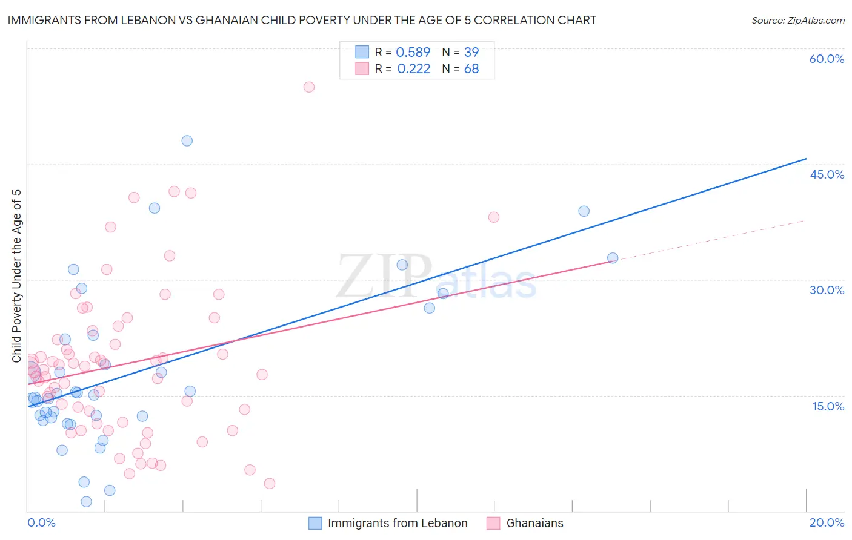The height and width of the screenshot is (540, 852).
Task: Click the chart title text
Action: (302, 20)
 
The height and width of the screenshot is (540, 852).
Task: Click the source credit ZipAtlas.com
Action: (797, 20)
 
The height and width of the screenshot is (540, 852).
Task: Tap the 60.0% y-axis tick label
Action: (827, 59)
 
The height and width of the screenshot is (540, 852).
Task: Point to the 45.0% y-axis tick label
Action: (827, 174)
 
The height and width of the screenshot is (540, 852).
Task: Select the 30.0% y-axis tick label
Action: (827, 290)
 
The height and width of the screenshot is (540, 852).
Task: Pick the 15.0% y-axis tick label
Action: (828, 406)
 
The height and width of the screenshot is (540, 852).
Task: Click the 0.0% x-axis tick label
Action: (41, 522)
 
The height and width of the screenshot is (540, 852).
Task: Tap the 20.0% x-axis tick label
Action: (827, 522)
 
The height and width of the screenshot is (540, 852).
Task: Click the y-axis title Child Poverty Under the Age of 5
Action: (17, 276)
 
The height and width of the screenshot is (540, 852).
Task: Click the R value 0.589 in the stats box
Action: (413, 53)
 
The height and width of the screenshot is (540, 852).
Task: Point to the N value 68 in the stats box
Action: (471, 69)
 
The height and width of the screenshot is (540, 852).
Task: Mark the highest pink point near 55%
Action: (309, 87)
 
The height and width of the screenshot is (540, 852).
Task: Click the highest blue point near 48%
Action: (187, 141)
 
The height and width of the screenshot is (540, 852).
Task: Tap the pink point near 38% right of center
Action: (494, 217)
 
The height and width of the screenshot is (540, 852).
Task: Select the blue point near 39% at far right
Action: (584, 211)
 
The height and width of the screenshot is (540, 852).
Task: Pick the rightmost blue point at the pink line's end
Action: (613, 258)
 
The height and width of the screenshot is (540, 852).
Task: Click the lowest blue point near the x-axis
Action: (87, 501)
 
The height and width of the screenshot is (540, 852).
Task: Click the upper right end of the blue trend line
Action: (805, 159)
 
